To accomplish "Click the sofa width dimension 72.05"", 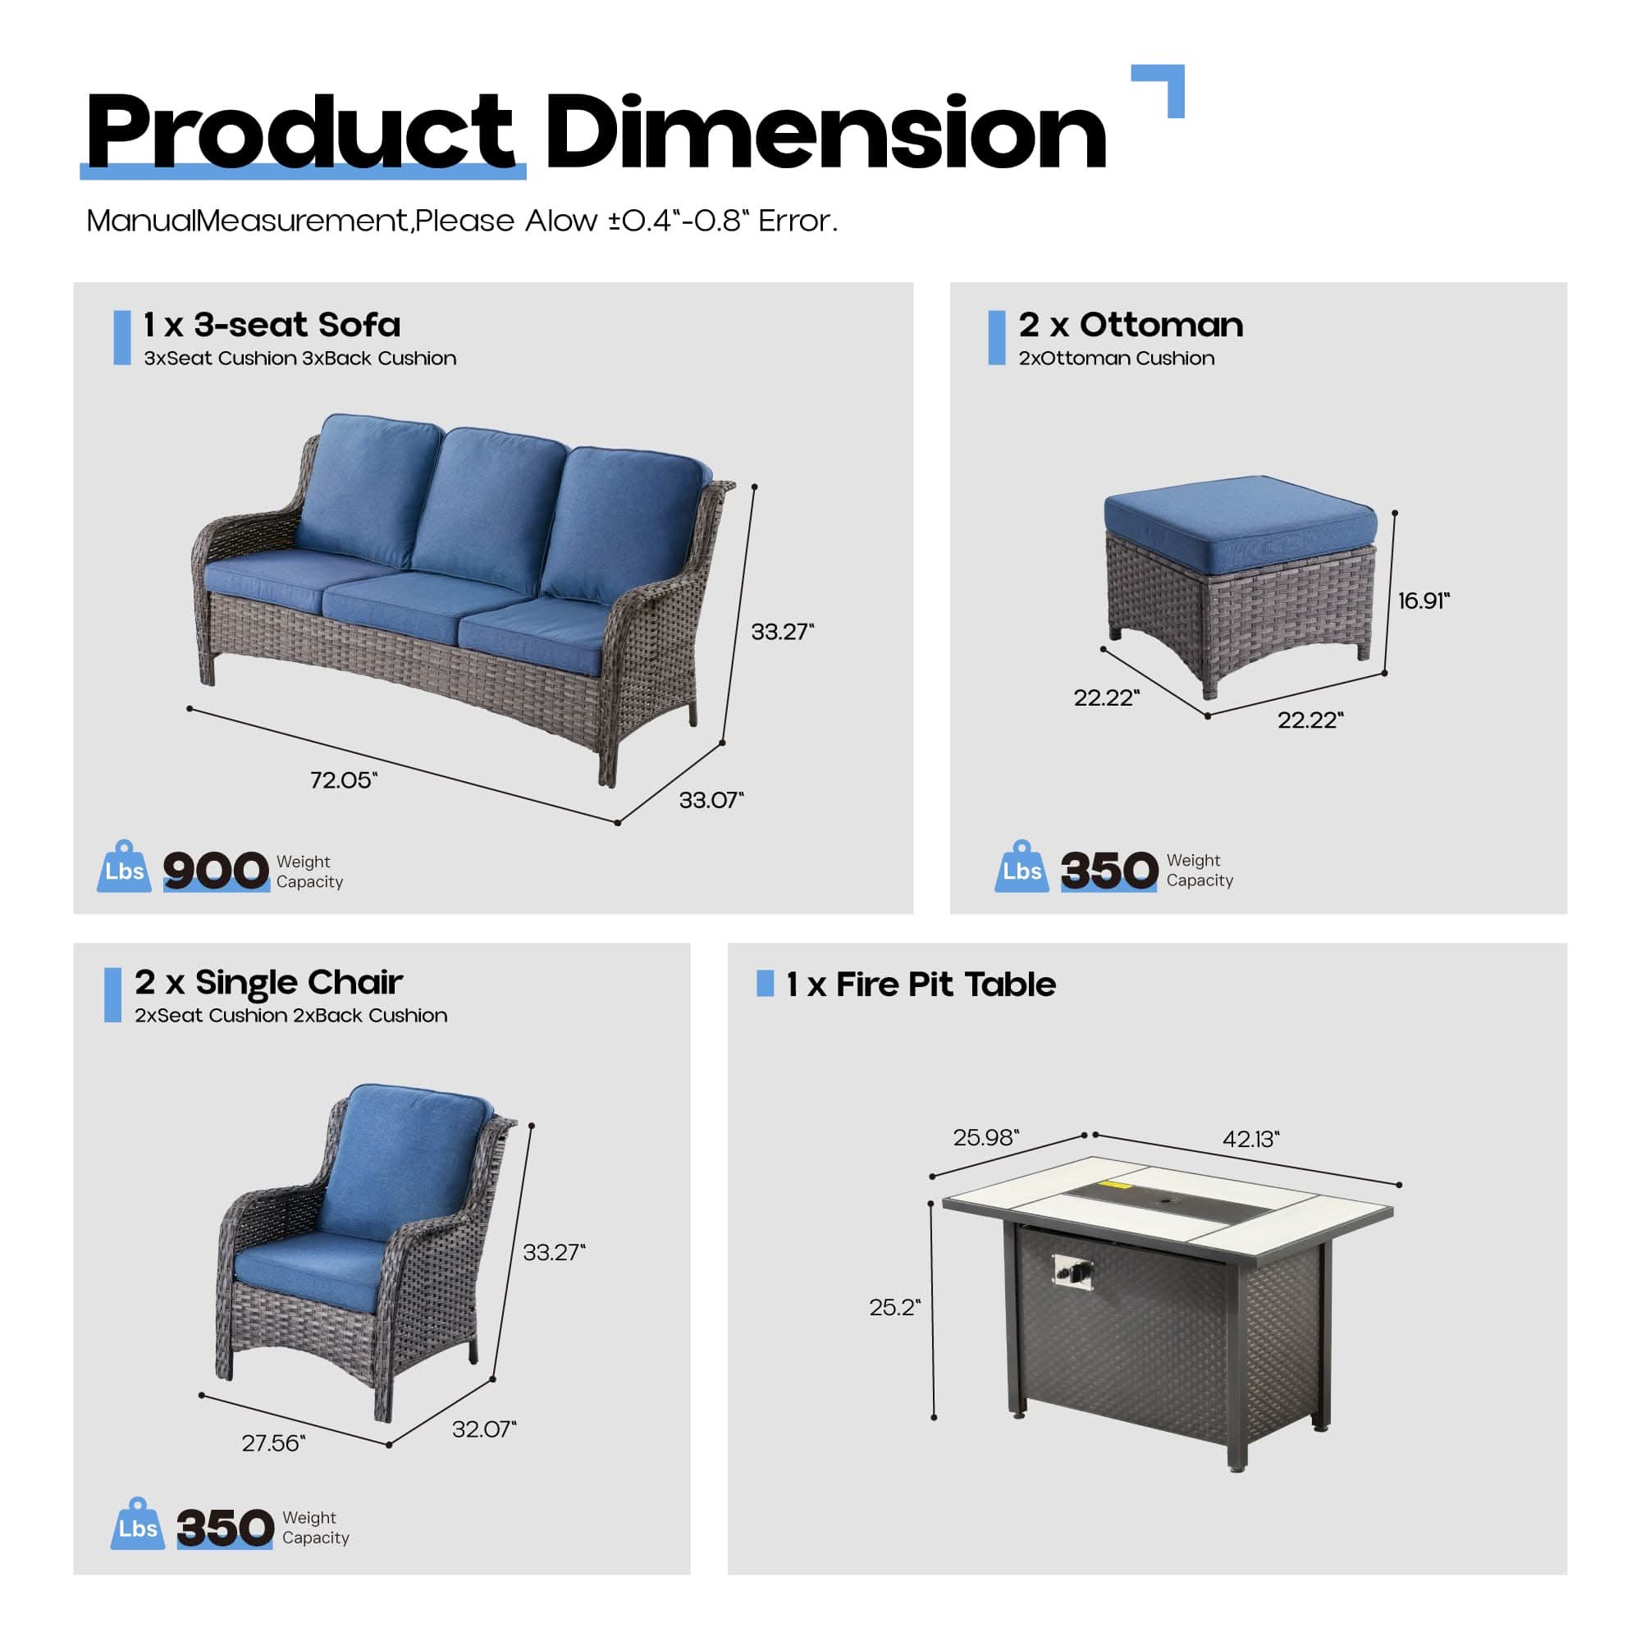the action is (x=343, y=779).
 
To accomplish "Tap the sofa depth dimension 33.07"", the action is (x=711, y=800).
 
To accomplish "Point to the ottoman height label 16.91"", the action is (x=1424, y=601).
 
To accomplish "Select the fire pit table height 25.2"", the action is (x=894, y=1307).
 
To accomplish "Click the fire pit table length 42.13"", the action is (x=1250, y=1139).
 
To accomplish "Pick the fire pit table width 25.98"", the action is (x=985, y=1137).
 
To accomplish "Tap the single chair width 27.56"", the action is (x=273, y=1443).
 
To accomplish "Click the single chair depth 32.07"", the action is (x=484, y=1428).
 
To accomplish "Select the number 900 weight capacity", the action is (x=216, y=871).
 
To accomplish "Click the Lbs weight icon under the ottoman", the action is (x=1022, y=866).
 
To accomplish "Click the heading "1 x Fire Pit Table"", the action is (x=921, y=985).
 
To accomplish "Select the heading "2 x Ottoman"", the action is (x=1131, y=324).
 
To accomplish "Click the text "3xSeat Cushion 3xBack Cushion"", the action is (x=299, y=359).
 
